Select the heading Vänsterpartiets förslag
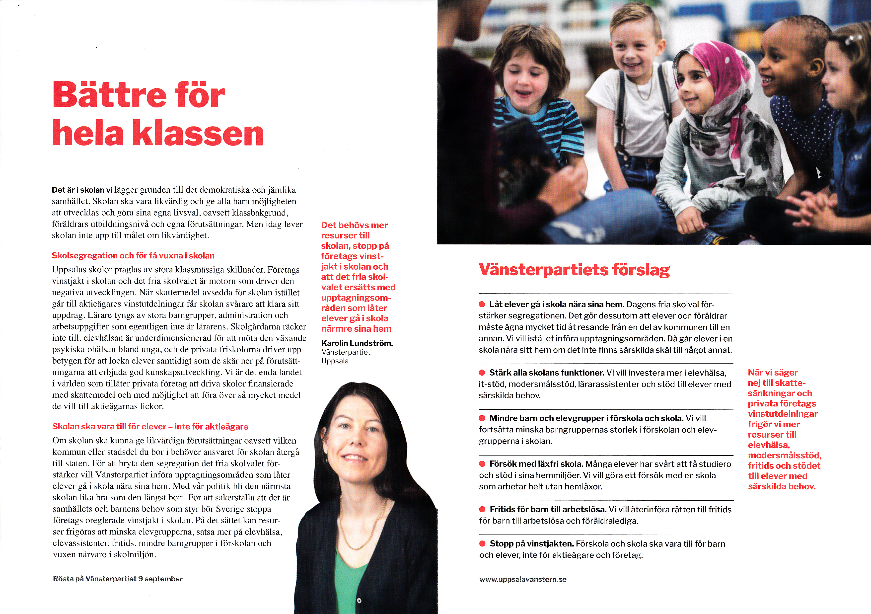(574, 270)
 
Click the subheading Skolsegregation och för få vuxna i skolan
(133, 256)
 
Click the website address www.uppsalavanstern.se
(523, 579)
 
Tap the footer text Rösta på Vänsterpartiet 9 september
(118, 579)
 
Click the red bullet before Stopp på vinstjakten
(482, 543)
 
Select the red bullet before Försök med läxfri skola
(482, 464)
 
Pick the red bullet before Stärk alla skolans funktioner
(482, 373)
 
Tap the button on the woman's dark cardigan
(359, 601)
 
